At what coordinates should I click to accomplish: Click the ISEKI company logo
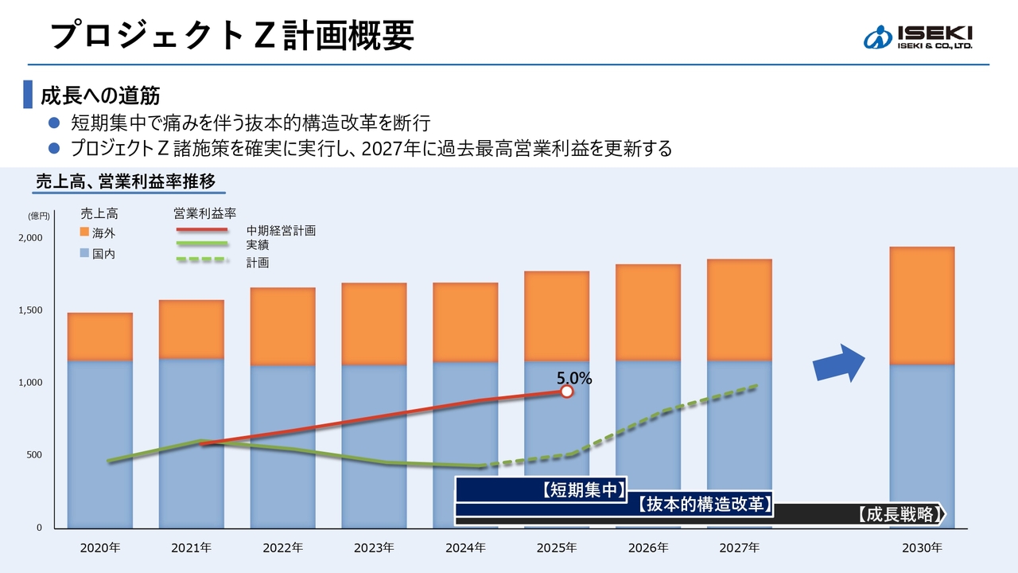[918, 37]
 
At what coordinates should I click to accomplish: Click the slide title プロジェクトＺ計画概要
[231, 35]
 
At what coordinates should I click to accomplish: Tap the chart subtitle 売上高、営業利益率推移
[126, 181]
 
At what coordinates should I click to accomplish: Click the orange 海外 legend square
[84, 232]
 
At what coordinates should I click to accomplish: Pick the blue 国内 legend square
[84, 254]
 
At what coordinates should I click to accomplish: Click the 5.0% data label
[573, 379]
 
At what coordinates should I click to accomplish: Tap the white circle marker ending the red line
[566, 392]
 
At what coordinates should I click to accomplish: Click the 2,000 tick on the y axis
[30, 238]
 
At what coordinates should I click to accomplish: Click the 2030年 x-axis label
[922, 548]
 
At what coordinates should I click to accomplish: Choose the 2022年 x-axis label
[282, 548]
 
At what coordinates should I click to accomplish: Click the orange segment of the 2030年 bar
[922, 306]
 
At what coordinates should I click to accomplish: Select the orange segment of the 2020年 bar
[99, 337]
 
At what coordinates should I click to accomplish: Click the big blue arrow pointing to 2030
[838, 364]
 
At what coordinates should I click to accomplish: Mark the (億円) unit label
[38, 216]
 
